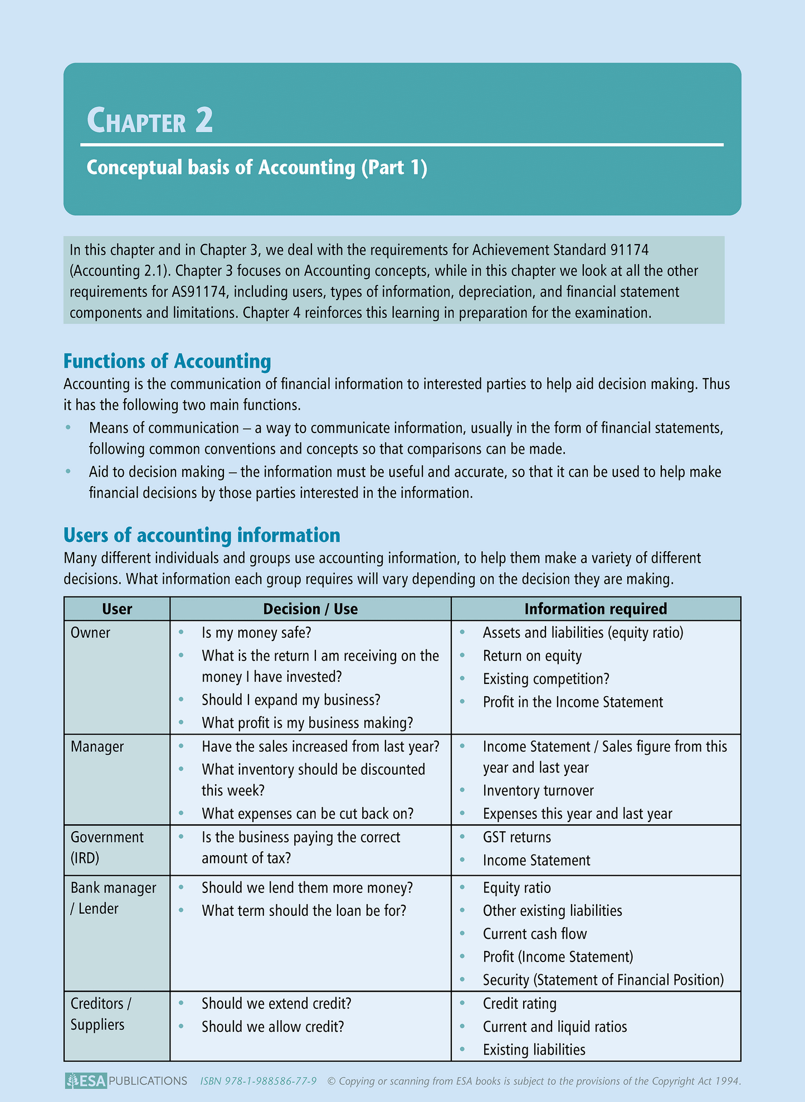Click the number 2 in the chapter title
click(x=204, y=120)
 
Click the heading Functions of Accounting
click(x=167, y=361)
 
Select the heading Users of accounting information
click(x=202, y=535)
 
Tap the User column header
click(x=117, y=609)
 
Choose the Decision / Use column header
click(x=310, y=609)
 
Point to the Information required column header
click(x=596, y=609)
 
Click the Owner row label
click(x=90, y=633)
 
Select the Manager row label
click(x=97, y=746)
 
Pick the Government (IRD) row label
click(x=106, y=847)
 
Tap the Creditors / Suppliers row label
click(x=100, y=1014)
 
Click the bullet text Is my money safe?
click(x=256, y=633)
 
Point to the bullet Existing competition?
click(x=546, y=679)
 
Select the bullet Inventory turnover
click(x=538, y=790)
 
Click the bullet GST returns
click(x=516, y=837)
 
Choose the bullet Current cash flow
click(x=535, y=934)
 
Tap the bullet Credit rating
click(x=519, y=1003)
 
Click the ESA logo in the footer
click(x=86, y=1081)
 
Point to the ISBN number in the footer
click(x=258, y=1081)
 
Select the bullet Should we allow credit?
click(x=273, y=1027)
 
